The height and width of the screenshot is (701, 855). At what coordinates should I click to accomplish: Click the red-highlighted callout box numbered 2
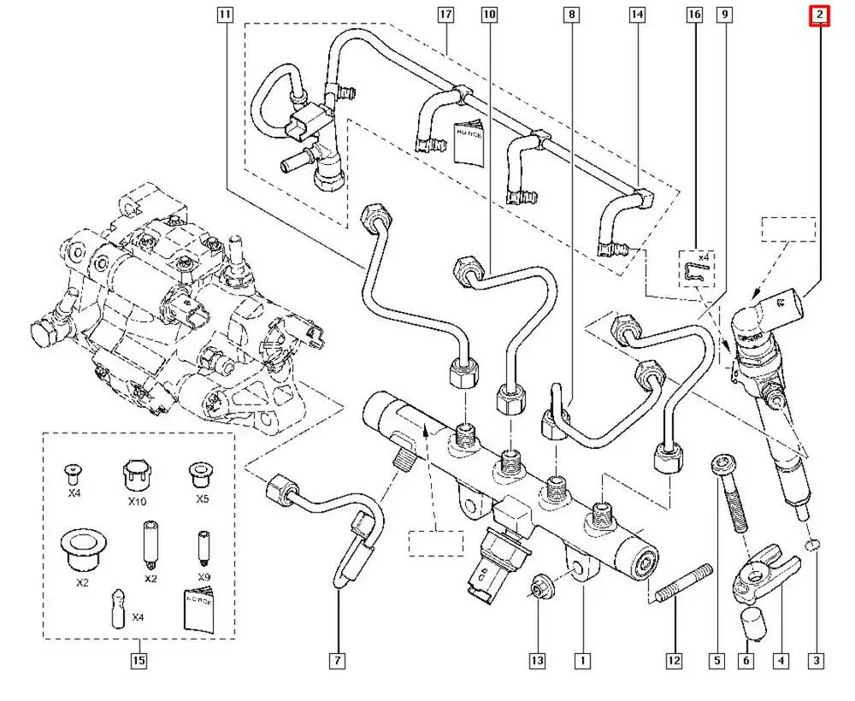point(819,15)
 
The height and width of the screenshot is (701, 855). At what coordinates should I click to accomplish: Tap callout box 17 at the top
point(445,15)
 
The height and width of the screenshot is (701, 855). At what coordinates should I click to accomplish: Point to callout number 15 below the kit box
point(139,661)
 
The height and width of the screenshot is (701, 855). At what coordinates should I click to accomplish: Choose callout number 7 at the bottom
point(338,661)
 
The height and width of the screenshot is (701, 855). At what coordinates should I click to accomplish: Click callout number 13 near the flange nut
point(538,661)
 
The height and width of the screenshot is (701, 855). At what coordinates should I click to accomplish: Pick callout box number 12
point(675,661)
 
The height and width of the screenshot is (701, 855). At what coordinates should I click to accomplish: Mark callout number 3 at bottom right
point(817,661)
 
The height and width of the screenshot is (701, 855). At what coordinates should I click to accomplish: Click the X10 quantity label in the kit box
point(137,501)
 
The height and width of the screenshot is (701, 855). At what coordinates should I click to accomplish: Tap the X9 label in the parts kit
point(204,577)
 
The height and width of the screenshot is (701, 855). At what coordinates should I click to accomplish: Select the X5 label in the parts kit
point(203,498)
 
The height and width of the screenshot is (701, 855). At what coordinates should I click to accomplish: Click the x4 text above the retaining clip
point(703,256)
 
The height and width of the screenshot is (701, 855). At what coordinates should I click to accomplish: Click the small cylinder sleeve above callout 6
point(752,622)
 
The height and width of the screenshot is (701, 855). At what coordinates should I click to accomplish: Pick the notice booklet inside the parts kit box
point(198,610)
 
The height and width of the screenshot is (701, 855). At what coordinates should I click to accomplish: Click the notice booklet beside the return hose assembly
point(469,142)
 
